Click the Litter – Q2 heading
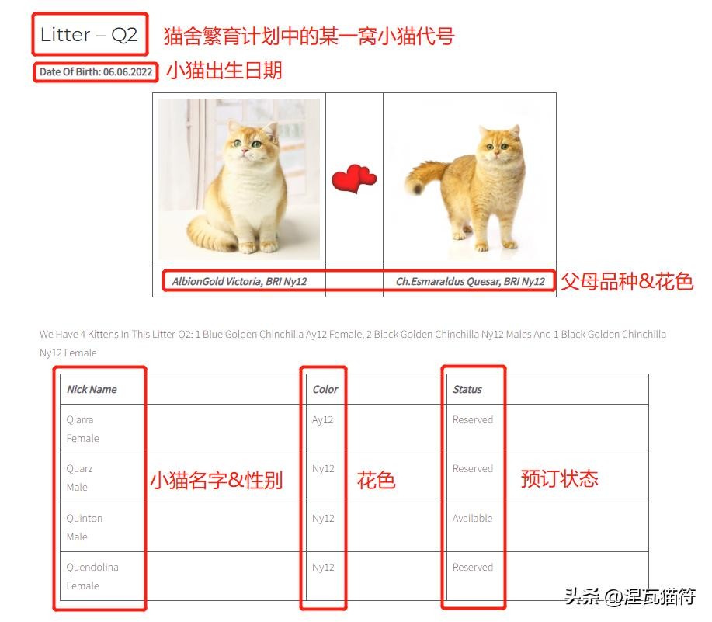coord(89,34)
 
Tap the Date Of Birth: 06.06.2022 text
coord(96,71)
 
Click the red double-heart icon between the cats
coord(354,179)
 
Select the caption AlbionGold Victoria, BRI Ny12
coord(239,281)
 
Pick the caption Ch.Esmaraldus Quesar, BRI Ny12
coord(471,281)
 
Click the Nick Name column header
coord(92,389)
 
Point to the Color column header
coord(325,389)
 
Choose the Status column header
coord(467,389)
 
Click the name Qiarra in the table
coord(80,419)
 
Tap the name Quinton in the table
coord(85,518)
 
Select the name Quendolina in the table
coord(92,567)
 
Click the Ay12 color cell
coord(322,419)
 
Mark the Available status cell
coord(472,518)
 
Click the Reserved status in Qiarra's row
coord(473,419)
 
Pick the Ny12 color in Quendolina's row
coord(323,567)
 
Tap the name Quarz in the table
coord(79,468)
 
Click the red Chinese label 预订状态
coord(559,478)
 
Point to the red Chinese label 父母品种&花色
coord(627,281)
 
